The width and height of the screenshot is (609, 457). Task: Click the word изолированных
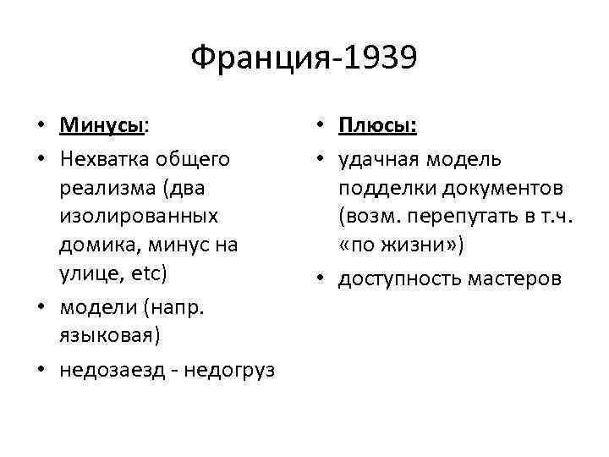pyautogui.click(x=139, y=215)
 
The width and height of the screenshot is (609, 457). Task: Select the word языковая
pyautogui.click(x=107, y=333)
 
